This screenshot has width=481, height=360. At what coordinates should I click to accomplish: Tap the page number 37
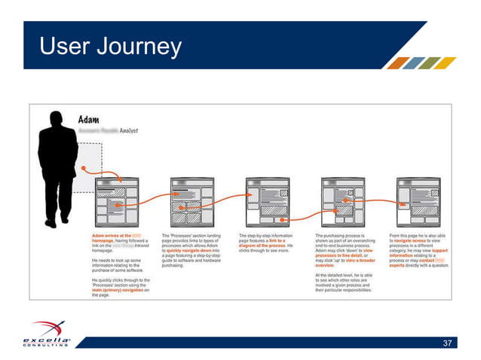click(448, 343)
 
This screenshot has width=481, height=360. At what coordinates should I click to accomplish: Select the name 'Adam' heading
click(94, 120)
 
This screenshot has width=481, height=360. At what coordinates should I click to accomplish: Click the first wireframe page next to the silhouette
click(116, 202)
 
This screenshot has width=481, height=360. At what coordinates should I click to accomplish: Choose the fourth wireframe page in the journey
click(343, 202)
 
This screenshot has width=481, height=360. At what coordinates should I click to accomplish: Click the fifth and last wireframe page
click(418, 202)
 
